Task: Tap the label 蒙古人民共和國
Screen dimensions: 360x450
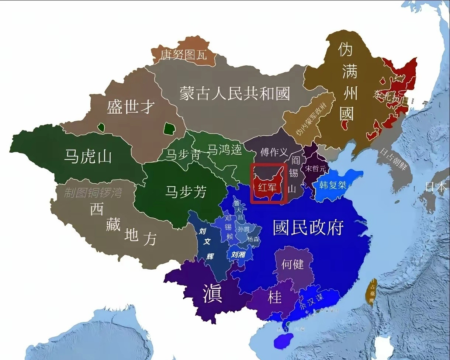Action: [x=235, y=93]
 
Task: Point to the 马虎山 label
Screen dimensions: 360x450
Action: [x=88, y=157]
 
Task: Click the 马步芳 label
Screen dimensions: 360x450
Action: [x=185, y=192]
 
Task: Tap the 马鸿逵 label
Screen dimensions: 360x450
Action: [x=224, y=149]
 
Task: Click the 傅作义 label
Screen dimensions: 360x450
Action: [x=274, y=152]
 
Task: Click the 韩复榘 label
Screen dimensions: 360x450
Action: [x=333, y=185]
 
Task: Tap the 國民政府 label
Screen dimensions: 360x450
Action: [x=308, y=228]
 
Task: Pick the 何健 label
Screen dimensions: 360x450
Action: [x=292, y=264]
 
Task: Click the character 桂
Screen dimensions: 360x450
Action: [x=274, y=297]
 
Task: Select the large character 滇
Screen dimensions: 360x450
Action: [x=212, y=294]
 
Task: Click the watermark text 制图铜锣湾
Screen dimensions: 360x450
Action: [x=93, y=193]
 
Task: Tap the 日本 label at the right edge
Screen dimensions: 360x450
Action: [x=436, y=187]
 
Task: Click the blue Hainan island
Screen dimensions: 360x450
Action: [x=283, y=340]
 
